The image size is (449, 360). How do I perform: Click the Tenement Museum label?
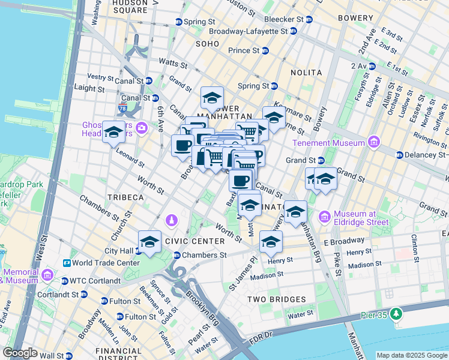pyautogui.click(x=328, y=143)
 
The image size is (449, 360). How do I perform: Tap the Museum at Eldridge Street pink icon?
pyautogui.click(x=325, y=216)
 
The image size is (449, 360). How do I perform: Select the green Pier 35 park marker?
pyautogui.click(x=396, y=314)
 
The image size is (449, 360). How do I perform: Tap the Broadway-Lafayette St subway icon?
pyautogui.click(x=293, y=31)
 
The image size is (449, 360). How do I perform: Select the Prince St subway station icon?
pyautogui.click(x=265, y=50)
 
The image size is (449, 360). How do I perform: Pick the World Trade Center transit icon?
pyautogui.click(x=66, y=263)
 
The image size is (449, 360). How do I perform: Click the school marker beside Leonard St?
pyautogui.click(x=113, y=133)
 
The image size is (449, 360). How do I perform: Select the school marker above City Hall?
pyautogui.click(x=149, y=242)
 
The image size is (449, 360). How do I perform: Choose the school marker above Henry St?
pyautogui.click(x=271, y=242)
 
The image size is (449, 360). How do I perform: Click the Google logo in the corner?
pyautogui.click(x=20, y=353)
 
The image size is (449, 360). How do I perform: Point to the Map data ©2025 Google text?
pyautogui.click(x=411, y=355)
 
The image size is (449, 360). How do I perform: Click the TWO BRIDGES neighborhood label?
pyautogui.click(x=279, y=299)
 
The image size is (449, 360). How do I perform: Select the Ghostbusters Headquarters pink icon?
pyautogui.click(x=142, y=127)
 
